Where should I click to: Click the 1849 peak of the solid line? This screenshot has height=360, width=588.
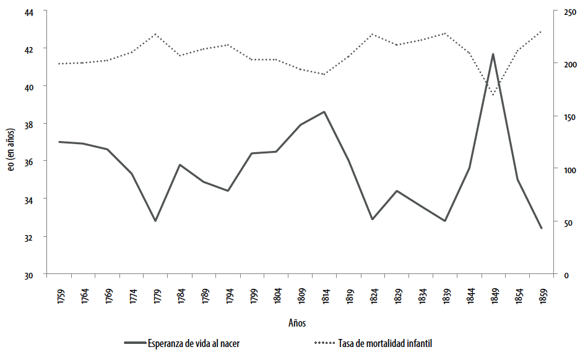pyautogui.click(x=493, y=54)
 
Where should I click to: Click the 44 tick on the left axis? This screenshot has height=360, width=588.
pyautogui.click(x=30, y=12)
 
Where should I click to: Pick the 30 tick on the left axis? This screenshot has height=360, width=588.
pyautogui.click(x=30, y=275)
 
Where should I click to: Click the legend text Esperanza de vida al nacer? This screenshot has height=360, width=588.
pyautogui.click(x=193, y=343)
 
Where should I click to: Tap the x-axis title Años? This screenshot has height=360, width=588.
pyautogui.click(x=296, y=323)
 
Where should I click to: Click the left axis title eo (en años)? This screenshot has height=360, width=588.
pyautogui.click(x=11, y=143)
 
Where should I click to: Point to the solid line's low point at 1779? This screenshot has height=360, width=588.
pyautogui.click(x=155, y=221)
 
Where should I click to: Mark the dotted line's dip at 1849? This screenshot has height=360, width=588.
pyautogui.click(x=493, y=95)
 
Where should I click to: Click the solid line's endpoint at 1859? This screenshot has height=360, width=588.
pyautogui.click(x=541, y=228)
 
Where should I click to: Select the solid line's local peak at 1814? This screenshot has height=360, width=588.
pyautogui.click(x=324, y=112)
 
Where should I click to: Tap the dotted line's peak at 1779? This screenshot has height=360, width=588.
pyautogui.click(x=155, y=34)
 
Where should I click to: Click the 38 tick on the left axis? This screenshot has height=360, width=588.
pyautogui.click(x=30, y=124)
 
